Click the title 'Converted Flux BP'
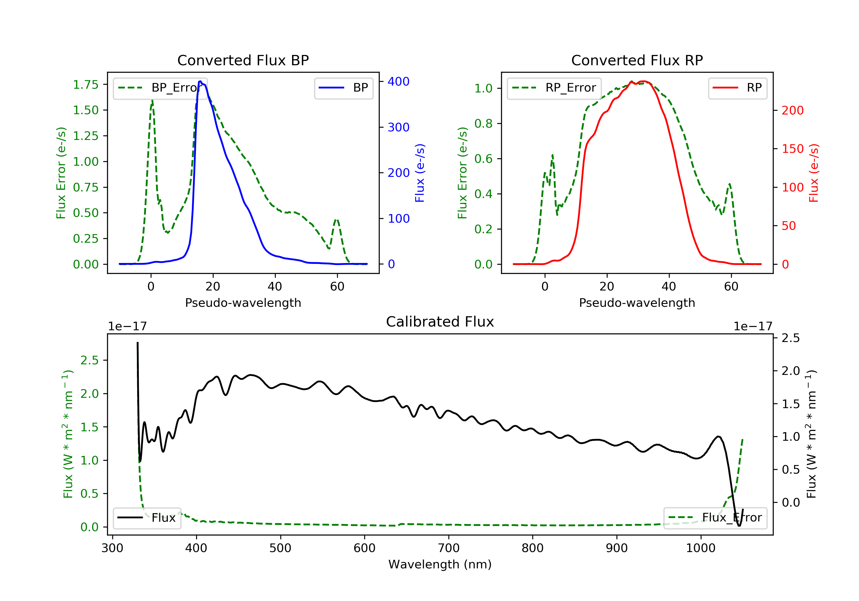click(x=243, y=60)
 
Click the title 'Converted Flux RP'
click(x=637, y=60)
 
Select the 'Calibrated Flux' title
click(x=440, y=322)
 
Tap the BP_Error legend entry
click(x=160, y=88)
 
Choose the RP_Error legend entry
click(x=554, y=88)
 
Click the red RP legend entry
click(x=737, y=88)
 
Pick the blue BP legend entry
click(x=343, y=88)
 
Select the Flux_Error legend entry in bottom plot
click(x=715, y=518)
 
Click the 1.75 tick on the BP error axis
click(x=86, y=84)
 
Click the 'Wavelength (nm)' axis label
click(x=440, y=564)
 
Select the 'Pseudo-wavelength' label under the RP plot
click(x=637, y=303)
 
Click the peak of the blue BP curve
click(x=200, y=81)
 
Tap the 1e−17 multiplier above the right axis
click(x=753, y=327)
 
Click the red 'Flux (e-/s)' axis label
click(x=813, y=173)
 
